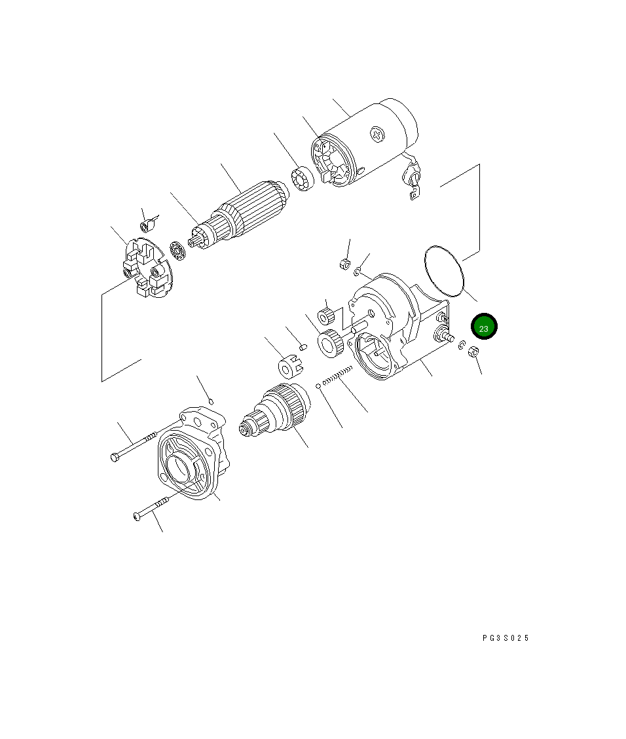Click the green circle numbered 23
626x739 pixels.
[484, 328]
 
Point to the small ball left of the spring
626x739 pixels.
[318, 386]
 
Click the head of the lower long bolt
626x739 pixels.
[137, 516]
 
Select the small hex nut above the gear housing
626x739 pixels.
[342, 264]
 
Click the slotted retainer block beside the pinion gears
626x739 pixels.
[289, 367]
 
